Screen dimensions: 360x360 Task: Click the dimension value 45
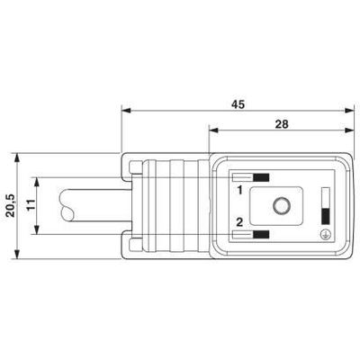(238, 104)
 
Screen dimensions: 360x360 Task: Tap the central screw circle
(283, 208)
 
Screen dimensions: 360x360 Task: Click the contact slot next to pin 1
(253, 178)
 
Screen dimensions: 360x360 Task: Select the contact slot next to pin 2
(253, 236)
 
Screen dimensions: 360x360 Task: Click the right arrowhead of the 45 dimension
(349, 112)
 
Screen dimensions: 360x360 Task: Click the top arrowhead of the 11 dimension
(39, 183)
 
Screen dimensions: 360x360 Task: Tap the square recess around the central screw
(283, 208)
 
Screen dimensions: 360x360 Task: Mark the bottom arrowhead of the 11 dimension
(39, 231)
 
